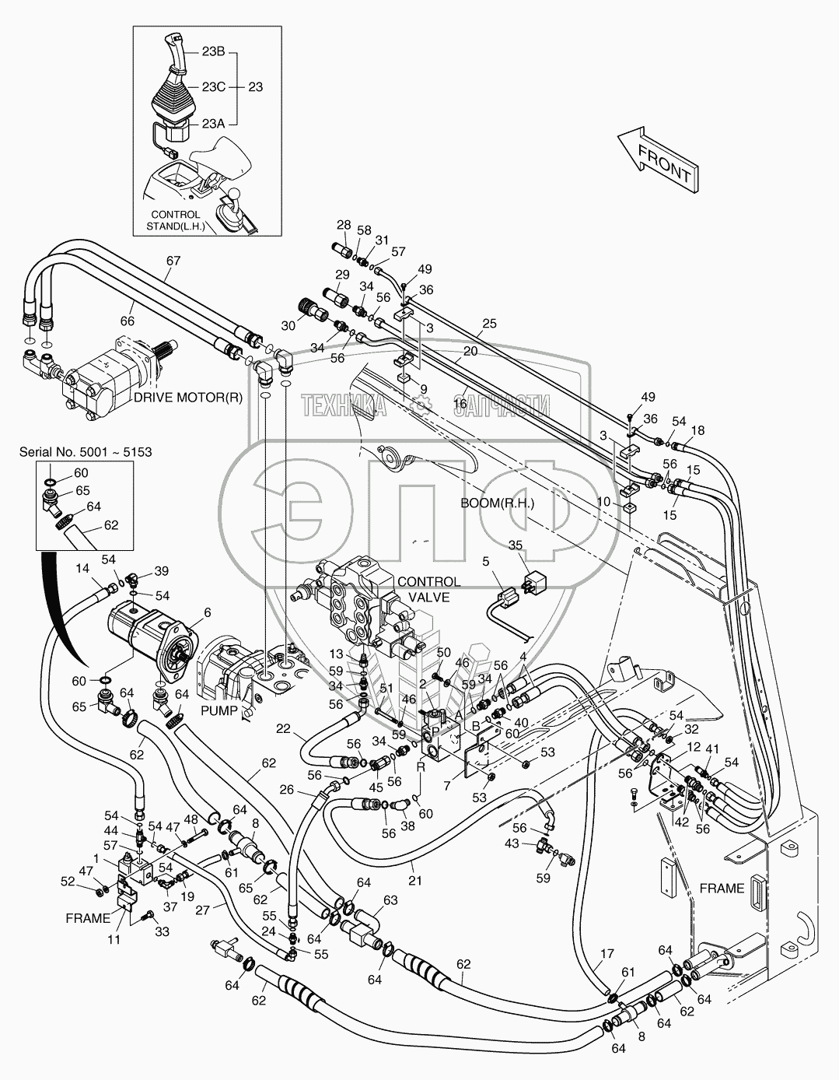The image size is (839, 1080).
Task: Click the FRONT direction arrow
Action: pos(658,159)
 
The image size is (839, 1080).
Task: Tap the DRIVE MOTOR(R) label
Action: pos(188,397)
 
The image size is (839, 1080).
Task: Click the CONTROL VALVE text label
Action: pos(428,589)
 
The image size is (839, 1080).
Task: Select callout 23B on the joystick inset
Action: pos(213,52)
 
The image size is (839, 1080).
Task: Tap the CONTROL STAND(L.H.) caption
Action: pos(175,220)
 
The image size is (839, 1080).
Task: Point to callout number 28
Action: pos(344,226)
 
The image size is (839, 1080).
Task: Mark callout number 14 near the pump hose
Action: pos(82,569)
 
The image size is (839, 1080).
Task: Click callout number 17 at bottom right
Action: pos(607,953)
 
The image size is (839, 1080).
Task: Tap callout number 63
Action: pos(389,899)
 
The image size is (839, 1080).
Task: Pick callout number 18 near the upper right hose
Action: pos(697,430)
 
